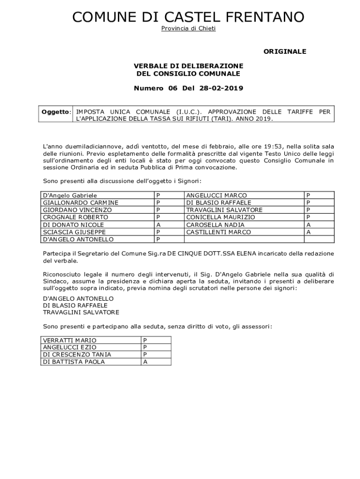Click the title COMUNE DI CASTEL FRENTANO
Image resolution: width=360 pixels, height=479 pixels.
[x=188, y=17]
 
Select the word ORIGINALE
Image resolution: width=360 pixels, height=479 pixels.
[x=285, y=51]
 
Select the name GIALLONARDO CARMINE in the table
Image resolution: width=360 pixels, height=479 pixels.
[x=80, y=203]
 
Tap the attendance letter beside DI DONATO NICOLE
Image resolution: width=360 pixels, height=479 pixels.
[x=158, y=225]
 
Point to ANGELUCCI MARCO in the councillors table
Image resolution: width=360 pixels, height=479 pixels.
[x=216, y=195]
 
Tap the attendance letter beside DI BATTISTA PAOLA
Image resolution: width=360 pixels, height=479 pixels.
[x=145, y=362]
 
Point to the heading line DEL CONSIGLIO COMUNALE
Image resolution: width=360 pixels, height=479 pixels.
[x=188, y=73]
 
